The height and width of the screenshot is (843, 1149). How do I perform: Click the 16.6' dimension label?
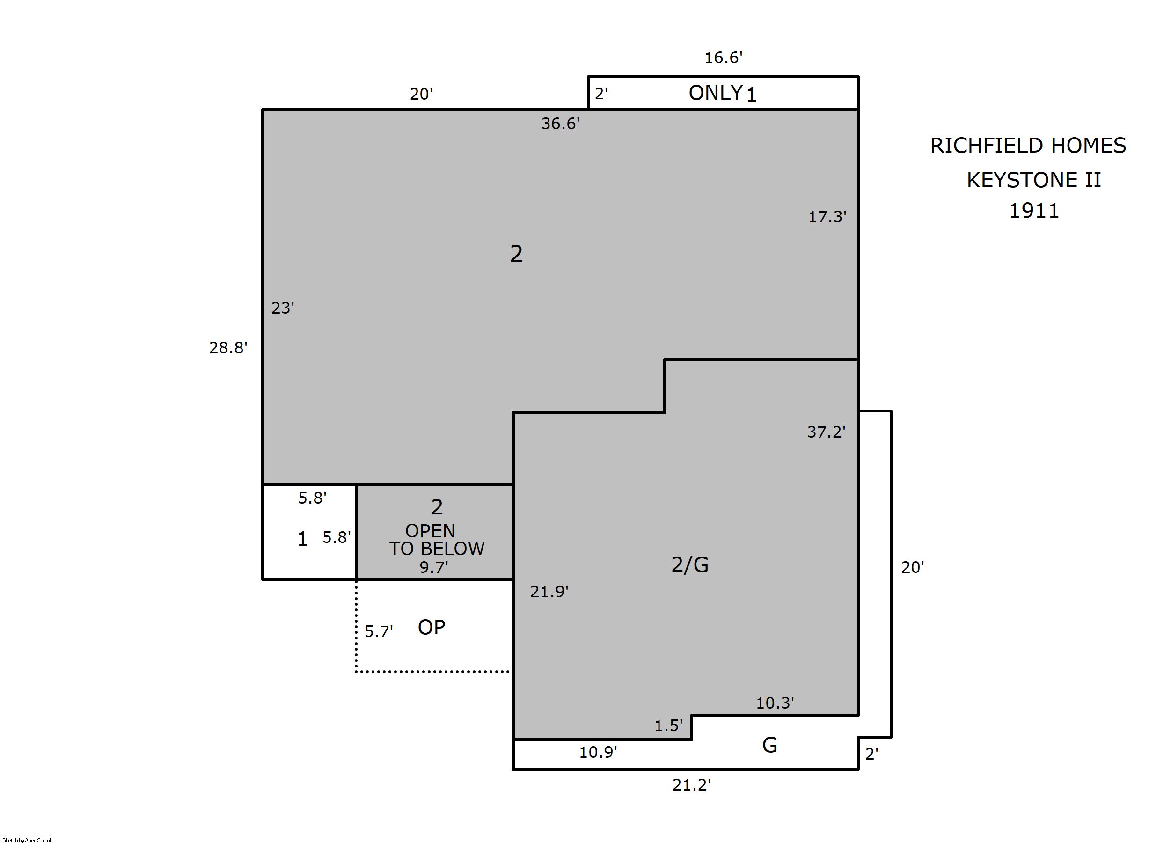[x=723, y=58]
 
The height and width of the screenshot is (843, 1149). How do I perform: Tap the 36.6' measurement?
[x=560, y=124]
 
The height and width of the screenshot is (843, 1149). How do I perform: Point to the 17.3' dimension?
[x=827, y=217]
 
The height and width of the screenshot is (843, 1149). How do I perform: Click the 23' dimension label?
[x=283, y=308]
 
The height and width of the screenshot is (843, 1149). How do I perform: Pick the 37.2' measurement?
[x=826, y=432]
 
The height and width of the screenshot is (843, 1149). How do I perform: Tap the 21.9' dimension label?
[x=549, y=592]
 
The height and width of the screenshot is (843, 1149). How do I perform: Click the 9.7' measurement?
[x=434, y=567]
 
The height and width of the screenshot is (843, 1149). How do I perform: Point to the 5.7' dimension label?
[x=379, y=632]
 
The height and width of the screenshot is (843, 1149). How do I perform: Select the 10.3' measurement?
[x=775, y=703]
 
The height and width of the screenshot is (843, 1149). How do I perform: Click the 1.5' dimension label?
[x=668, y=726]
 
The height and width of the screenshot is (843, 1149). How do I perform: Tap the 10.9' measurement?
[x=598, y=752]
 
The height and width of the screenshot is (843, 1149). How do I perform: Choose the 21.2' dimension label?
[x=691, y=785]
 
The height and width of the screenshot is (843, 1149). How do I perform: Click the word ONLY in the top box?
[x=715, y=93]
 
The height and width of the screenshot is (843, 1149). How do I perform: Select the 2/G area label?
[x=690, y=565]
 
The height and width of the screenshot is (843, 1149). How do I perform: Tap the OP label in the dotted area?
[x=431, y=627]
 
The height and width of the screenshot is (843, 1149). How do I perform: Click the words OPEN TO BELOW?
[x=437, y=540]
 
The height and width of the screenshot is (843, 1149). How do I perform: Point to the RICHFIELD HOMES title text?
[x=1028, y=146]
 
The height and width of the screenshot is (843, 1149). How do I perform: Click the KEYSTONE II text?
[x=1034, y=180]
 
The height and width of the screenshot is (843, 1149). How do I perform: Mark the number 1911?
[x=1034, y=211]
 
